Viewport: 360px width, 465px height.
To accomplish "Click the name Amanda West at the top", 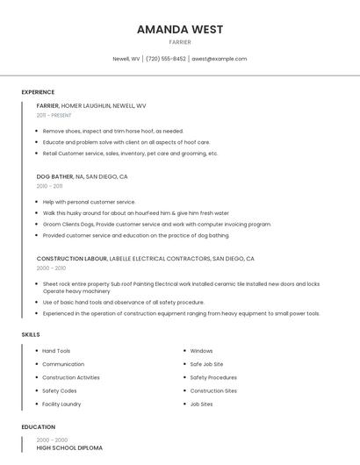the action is (179, 30).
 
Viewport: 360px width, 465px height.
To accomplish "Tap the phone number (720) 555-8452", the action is (166, 59).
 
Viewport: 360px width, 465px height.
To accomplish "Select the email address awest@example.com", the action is (220, 59).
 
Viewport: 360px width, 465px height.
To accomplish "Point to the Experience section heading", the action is (38, 92).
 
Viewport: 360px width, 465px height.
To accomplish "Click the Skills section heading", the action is (31, 334).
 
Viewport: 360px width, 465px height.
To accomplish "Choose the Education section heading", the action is (39, 427).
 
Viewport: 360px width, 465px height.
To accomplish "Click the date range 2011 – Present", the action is (54, 115).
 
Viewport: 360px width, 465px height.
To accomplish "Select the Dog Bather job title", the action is (54, 176).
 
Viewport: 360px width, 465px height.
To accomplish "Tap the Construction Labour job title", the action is (72, 259).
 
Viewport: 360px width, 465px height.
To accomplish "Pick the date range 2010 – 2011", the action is (50, 186).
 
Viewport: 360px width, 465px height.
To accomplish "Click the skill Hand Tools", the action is (56, 351).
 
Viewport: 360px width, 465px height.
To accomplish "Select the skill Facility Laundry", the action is (61, 404).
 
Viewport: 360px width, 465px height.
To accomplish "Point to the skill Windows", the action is (201, 351).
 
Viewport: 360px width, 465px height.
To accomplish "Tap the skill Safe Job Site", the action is (206, 364).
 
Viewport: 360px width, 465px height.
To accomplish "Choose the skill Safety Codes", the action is (60, 390).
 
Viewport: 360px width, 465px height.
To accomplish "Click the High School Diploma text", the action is (69, 447).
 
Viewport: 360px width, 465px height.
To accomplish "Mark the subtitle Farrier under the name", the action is (179, 41).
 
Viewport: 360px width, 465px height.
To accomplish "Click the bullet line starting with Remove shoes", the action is (112, 131).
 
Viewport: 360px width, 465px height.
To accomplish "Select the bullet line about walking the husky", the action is (135, 212).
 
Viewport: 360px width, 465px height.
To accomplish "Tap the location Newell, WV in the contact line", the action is (126, 59).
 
